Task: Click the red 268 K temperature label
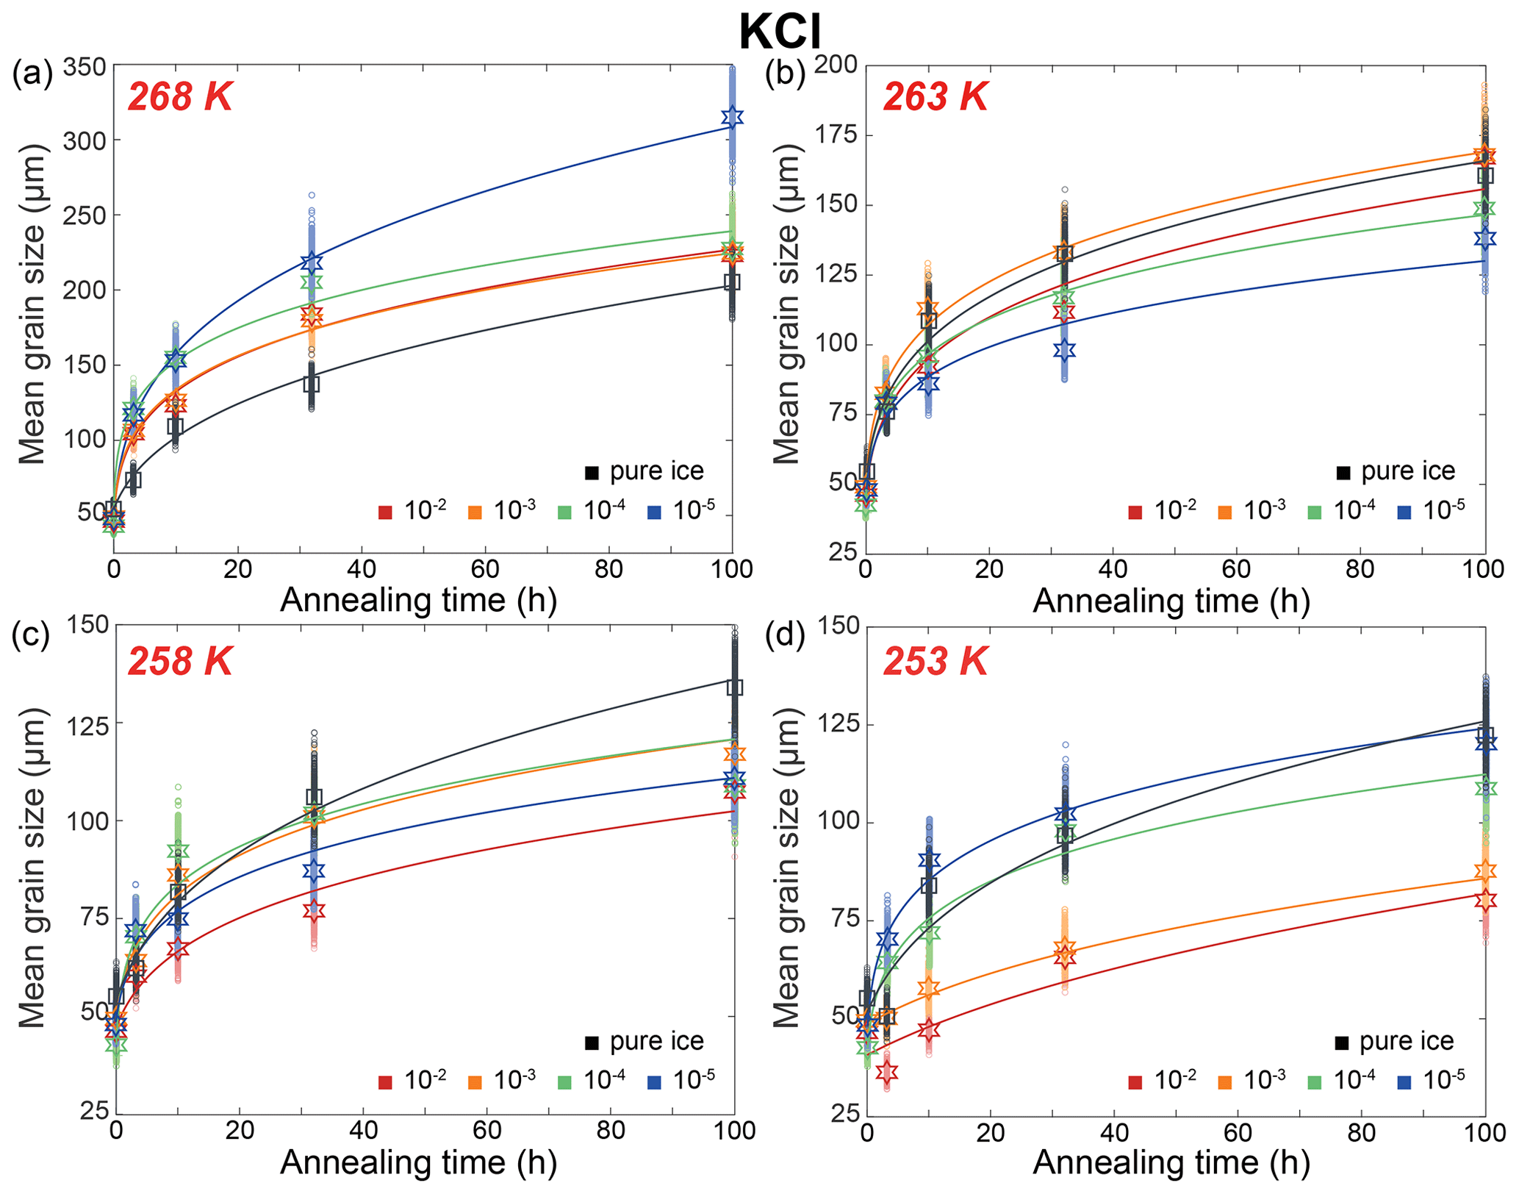180,97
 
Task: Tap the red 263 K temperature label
935,97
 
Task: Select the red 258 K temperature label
180,662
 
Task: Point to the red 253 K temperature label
935,662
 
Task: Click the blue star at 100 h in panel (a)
732,117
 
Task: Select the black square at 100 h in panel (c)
735,687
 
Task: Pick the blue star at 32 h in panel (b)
1064,350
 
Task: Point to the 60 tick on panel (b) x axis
1236,570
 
